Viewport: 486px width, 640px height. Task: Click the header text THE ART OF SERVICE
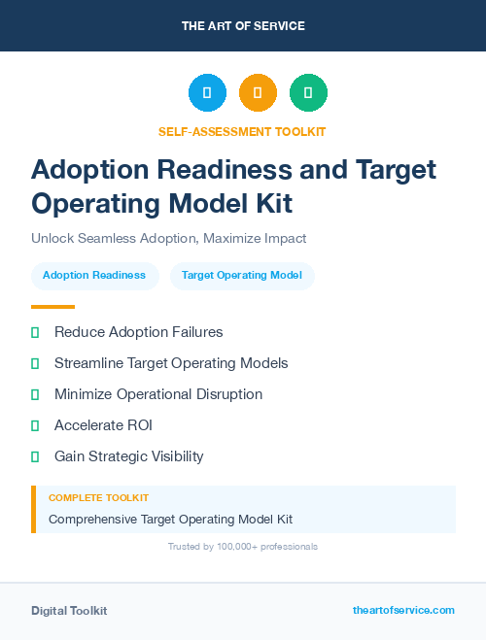pyautogui.click(x=243, y=26)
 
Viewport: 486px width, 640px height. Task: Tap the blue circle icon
pyautogui.click(x=207, y=92)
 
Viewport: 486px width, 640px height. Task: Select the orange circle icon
pyautogui.click(x=258, y=92)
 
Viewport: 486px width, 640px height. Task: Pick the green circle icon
pyautogui.click(x=308, y=92)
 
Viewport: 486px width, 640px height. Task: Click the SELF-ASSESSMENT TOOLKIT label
pyautogui.click(x=242, y=131)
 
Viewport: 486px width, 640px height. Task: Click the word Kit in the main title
pyautogui.click(x=265, y=204)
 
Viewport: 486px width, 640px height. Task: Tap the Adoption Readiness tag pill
pyautogui.click(x=94, y=276)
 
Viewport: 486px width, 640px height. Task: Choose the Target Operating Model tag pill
pyautogui.click(x=242, y=276)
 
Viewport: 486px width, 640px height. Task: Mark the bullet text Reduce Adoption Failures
pyautogui.click(x=138, y=332)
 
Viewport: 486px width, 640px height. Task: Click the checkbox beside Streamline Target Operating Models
pyautogui.click(x=35, y=363)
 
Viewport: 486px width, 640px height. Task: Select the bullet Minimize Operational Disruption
pyautogui.click(x=158, y=394)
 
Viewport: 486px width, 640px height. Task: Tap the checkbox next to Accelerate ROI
pyautogui.click(x=35, y=425)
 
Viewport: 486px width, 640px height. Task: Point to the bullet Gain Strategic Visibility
pyautogui.click(x=128, y=456)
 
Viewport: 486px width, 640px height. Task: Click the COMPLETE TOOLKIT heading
pyautogui.click(x=98, y=498)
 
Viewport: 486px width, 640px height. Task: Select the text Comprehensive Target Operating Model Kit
pyautogui.click(x=170, y=520)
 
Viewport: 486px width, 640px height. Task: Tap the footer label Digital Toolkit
pyautogui.click(x=69, y=611)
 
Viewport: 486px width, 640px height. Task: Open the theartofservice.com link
pyautogui.click(x=403, y=610)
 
